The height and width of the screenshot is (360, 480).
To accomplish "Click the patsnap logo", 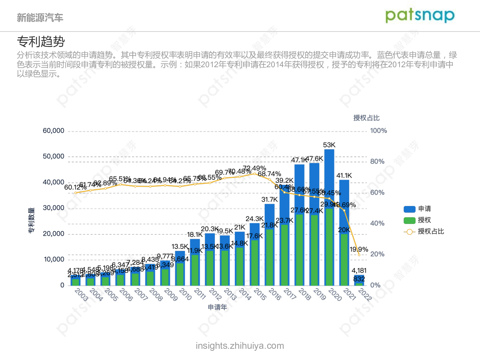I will click(420, 16).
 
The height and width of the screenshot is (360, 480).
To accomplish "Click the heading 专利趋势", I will click(41, 42).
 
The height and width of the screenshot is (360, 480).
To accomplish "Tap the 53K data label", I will click(329, 144).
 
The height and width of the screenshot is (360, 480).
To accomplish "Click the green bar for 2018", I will click(299, 250).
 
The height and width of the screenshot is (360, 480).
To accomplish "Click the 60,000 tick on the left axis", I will click(54, 131).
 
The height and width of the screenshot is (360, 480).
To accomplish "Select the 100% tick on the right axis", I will click(378, 131).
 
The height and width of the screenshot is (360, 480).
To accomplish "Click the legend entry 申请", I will click(424, 209).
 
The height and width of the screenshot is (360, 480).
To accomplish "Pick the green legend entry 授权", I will click(424, 220).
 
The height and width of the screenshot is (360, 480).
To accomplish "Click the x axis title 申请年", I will click(217, 307).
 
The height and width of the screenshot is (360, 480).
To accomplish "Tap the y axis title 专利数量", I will click(31, 220).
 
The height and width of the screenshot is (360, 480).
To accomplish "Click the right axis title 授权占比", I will click(366, 118).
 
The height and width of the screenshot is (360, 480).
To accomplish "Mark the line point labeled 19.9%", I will click(359, 255).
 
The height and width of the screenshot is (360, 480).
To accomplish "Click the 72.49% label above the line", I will click(254, 168).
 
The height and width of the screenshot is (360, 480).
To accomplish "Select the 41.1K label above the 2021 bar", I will click(344, 175).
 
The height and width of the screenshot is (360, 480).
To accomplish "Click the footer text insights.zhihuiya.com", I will click(240, 346).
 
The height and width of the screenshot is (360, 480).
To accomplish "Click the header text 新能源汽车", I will click(40, 18).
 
